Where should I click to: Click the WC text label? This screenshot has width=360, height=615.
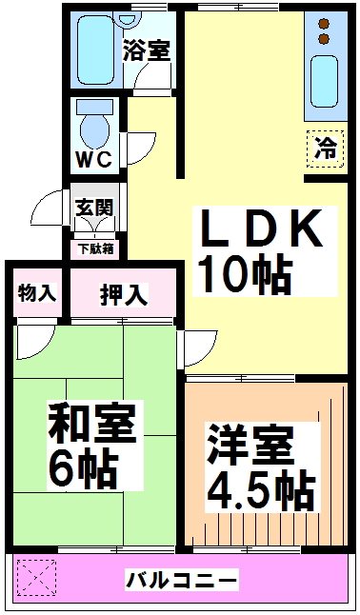click(93, 159)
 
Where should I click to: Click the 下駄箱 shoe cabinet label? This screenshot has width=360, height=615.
click(95, 249)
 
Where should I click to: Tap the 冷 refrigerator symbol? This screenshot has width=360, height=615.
click(325, 148)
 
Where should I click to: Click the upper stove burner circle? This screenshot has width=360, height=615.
click(324, 22)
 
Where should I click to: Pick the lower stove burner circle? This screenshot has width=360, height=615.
click(324, 39)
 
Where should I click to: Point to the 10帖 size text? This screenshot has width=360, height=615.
click(244, 275)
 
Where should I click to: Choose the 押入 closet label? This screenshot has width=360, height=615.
click(124, 294)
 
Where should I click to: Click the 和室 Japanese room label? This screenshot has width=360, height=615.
click(91, 423)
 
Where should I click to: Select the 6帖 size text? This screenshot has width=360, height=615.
click(83, 467)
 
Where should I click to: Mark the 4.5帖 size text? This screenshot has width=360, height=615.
click(261, 492)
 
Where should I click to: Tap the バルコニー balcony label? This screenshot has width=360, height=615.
click(182, 579)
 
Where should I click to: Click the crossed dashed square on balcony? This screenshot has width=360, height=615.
click(35, 577)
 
